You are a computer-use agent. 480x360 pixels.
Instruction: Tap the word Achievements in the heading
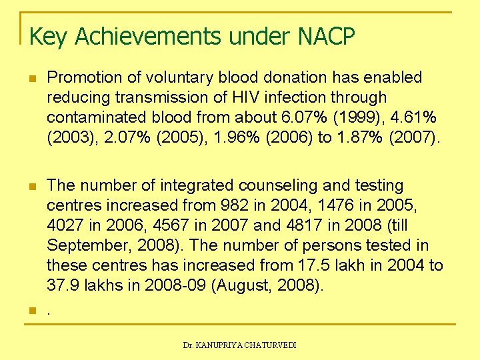pyautogui.click(x=147, y=36)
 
